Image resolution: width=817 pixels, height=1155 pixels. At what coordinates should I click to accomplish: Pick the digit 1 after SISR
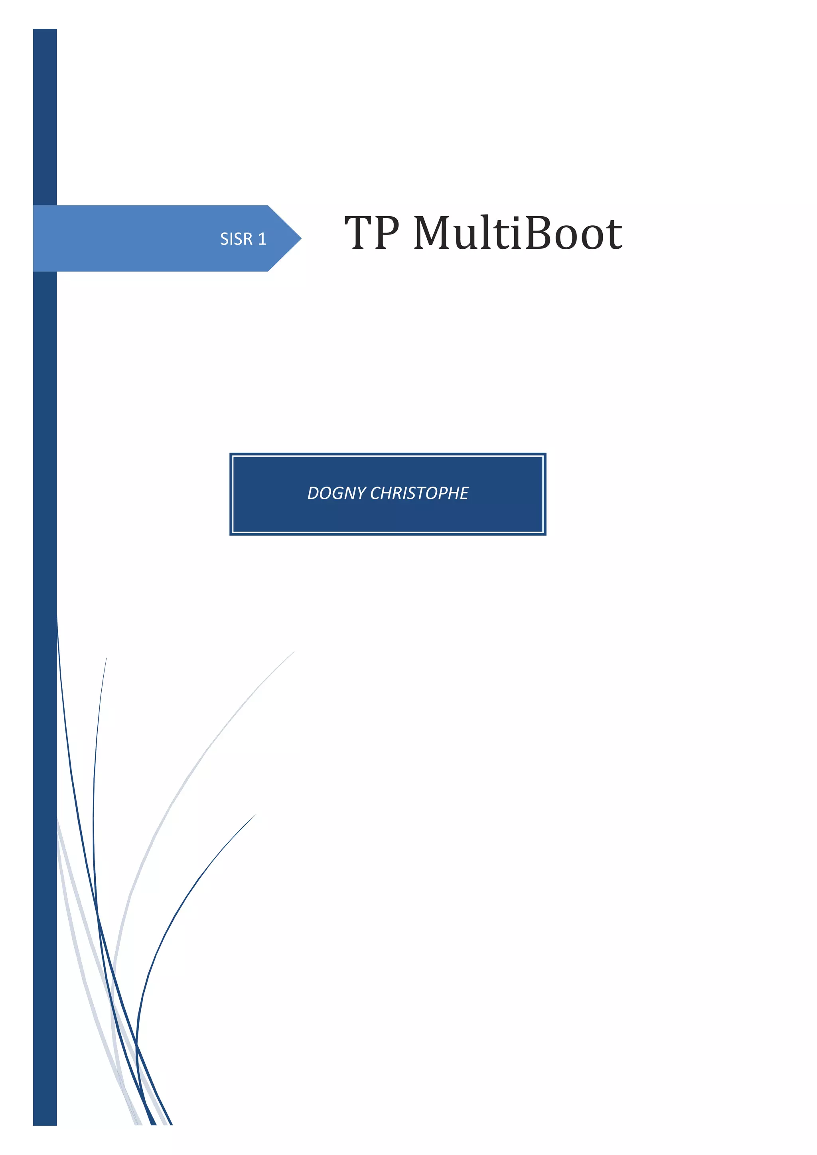[262, 239]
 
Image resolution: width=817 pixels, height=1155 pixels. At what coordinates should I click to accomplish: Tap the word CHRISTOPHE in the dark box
[419, 493]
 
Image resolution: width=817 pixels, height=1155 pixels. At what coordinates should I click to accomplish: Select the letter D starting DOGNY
[313, 493]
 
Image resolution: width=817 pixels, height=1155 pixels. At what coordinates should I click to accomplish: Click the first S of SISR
[224, 239]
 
